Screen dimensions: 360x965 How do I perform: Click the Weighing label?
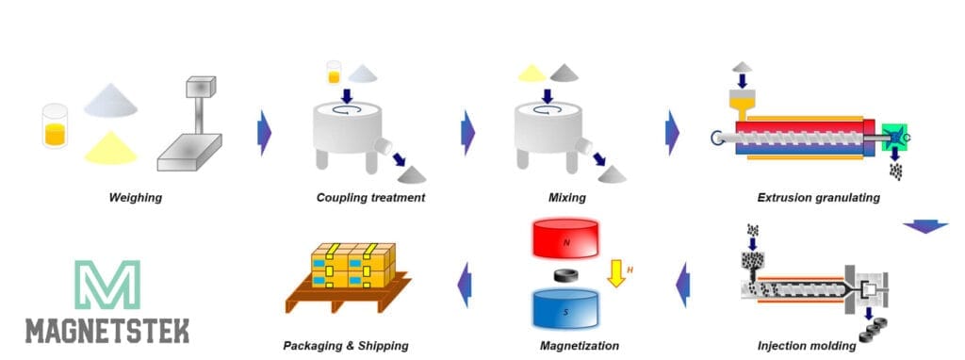click(136, 198)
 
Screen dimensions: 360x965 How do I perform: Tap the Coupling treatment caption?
click(370, 198)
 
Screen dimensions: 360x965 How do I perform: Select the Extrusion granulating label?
click(818, 198)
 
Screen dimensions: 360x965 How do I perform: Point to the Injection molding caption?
click(807, 346)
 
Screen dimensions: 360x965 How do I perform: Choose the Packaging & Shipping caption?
click(346, 346)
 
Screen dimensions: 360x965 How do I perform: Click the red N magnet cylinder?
click(565, 239)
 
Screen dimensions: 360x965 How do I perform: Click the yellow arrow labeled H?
click(615, 275)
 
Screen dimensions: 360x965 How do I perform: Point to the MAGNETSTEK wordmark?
click(106, 331)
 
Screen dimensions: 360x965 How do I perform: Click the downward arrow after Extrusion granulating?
click(924, 227)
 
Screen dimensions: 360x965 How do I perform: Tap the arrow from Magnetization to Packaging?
click(463, 285)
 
